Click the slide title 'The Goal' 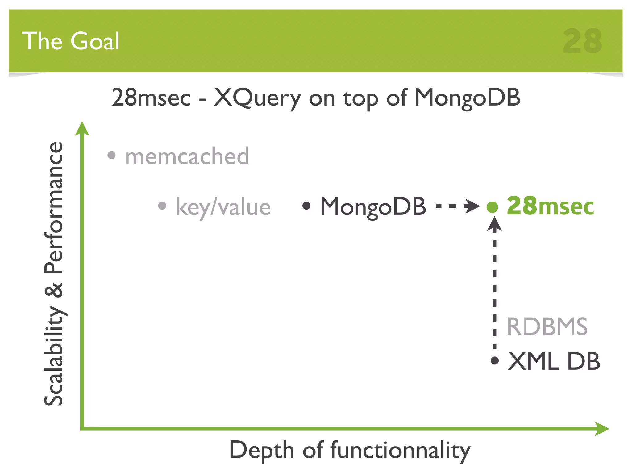tap(71, 41)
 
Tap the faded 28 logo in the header tap(582, 41)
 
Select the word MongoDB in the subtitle tap(467, 98)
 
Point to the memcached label tap(187, 156)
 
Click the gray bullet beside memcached tap(111, 155)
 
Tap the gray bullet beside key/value tap(162, 206)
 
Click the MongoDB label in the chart tap(373, 206)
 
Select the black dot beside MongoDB tap(306, 206)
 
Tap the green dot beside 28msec tap(492, 207)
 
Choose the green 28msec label tap(550, 206)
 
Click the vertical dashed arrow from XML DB tap(494, 284)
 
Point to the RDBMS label tap(547, 326)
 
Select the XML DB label tap(554, 361)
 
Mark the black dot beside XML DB tap(495, 360)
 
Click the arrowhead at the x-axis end tap(602, 429)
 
